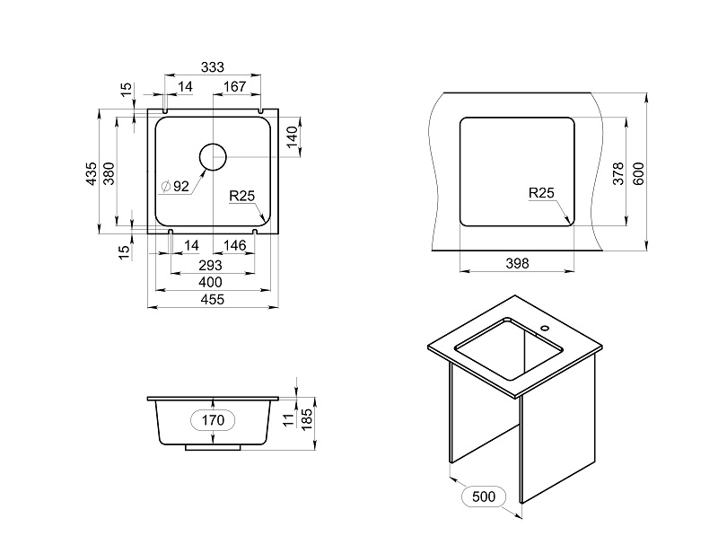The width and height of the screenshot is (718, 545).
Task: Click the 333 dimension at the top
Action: [213, 66]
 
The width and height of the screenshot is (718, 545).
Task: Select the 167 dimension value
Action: [235, 86]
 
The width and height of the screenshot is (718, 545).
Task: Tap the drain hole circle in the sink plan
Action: [213, 156]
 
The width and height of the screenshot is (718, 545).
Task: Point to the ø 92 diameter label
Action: [175, 187]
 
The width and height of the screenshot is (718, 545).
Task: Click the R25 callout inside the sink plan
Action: [241, 196]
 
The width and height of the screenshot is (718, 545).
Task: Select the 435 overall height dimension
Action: [92, 173]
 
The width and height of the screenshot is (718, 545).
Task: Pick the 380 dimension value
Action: [109, 173]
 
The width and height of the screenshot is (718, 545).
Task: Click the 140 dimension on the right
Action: [292, 137]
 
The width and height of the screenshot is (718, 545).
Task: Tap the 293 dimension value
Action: [210, 265]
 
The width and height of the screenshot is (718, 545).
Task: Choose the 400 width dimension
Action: [210, 282]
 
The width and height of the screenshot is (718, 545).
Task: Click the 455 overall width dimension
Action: [213, 300]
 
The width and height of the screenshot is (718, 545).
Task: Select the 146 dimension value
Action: [235, 245]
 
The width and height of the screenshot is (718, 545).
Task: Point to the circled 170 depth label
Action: [213, 420]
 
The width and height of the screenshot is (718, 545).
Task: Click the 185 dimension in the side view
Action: [307, 419]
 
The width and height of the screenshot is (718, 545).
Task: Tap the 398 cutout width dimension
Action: [518, 263]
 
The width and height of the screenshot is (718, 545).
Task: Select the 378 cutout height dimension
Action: [618, 173]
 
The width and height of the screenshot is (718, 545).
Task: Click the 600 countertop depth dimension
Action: [638, 173]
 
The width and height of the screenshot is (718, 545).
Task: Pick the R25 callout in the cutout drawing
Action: [541, 193]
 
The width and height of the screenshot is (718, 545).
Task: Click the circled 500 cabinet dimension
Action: [484, 497]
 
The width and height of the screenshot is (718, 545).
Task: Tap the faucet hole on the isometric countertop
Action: [545, 328]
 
